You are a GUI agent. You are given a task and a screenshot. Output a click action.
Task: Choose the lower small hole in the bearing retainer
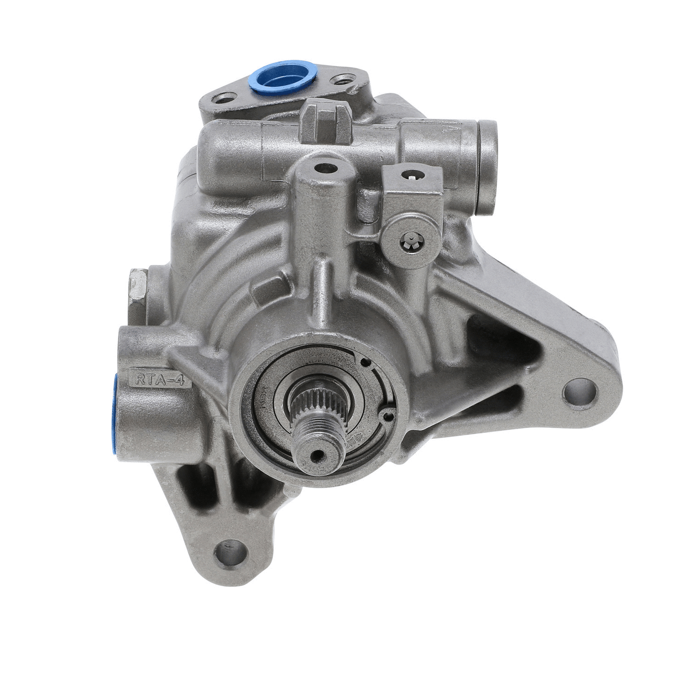point(389,417)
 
